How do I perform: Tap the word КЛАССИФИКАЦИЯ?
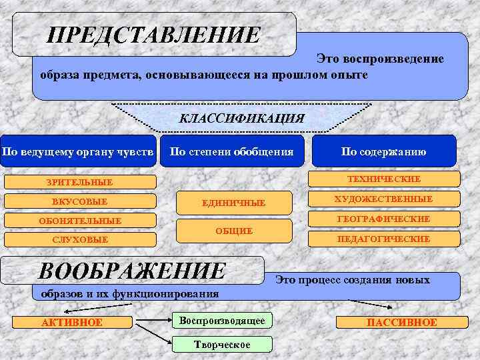pos(241,119)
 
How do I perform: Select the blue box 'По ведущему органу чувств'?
pos(79,151)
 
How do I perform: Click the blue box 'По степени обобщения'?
pos(232,151)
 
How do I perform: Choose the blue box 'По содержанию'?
pos(383,151)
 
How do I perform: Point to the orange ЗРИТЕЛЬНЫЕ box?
pos(80,182)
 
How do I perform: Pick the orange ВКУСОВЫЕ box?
pos(80,201)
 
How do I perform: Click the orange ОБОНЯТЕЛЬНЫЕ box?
pos(80,221)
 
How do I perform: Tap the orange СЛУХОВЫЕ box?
pos(80,239)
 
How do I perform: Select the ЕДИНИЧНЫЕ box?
pos(234,203)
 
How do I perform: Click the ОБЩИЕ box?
pos(234,231)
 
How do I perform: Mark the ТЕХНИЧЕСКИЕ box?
pos(384,179)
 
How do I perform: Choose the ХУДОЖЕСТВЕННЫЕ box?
pos(384,199)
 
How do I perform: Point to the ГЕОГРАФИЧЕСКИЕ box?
pos(384,219)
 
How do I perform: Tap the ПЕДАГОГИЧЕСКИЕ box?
pos(384,239)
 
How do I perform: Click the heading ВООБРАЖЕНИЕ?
pos(133,271)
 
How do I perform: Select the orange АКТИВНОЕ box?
pos(72,323)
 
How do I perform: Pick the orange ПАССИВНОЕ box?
pos(402,323)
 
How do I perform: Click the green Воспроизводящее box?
pos(222,321)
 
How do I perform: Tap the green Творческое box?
pos(222,344)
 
